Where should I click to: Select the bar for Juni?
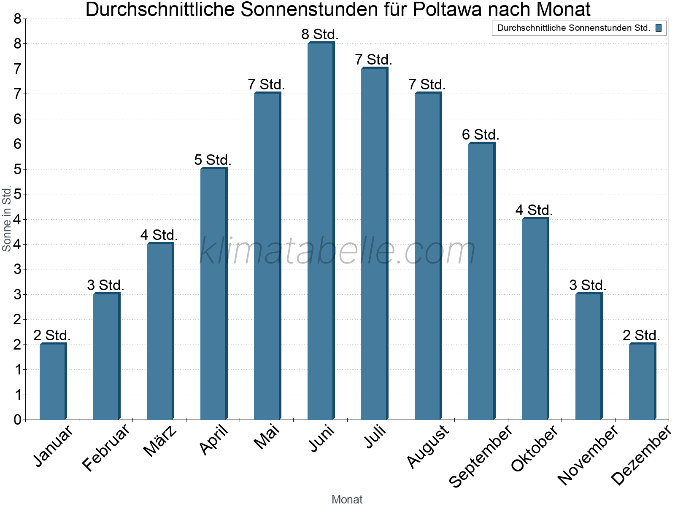click(x=321, y=231)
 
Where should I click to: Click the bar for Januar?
click(x=53, y=382)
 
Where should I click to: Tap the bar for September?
click(x=481, y=281)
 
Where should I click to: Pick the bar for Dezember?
click(x=642, y=382)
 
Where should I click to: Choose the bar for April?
click(x=213, y=294)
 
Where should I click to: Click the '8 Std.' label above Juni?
click(x=320, y=35)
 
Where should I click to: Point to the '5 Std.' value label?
click(x=213, y=160)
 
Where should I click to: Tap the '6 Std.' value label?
click(x=481, y=135)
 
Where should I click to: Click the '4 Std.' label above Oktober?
click(x=534, y=210)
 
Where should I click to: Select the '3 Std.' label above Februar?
click(x=105, y=285)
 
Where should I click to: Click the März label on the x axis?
click(x=160, y=441)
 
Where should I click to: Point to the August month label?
click(x=428, y=446)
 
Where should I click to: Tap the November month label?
click(x=588, y=455)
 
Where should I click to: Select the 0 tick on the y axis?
click(x=17, y=420)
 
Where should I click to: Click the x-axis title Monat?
click(x=347, y=499)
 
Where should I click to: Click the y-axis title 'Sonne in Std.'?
click(x=7, y=218)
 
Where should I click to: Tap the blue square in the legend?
click(x=659, y=28)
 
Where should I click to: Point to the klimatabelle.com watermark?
click(x=337, y=251)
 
